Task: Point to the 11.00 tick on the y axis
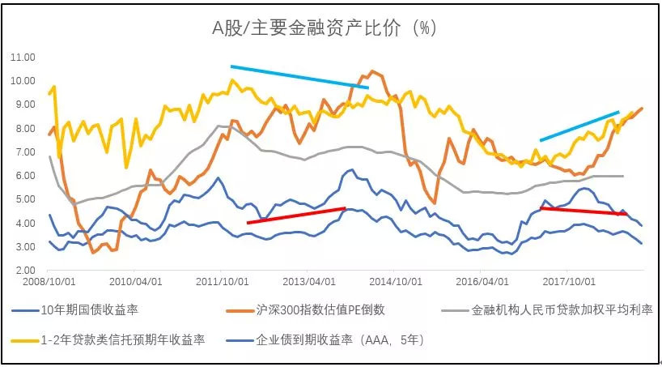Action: click(x=23, y=58)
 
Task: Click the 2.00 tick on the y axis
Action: click(x=23, y=270)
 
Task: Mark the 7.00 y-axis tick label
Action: click(x=23, y=151)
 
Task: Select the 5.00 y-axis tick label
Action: click(x=23, y=199)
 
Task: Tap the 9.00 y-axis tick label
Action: click(x=23, y=105)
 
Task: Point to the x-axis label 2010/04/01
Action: click(x=135, y=284)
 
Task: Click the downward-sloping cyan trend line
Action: click(x=299, y=76)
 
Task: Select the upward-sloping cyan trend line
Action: click(x=579, y=126)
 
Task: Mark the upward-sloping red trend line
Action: click(x=296, y=215)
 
